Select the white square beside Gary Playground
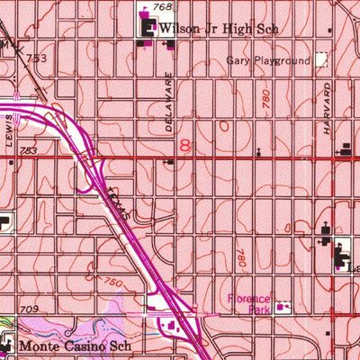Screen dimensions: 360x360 click(320, 60)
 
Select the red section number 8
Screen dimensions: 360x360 click(184, 146)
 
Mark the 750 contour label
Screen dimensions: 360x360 click(112, 284)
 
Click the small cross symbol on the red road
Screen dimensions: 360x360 click(258, 151)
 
